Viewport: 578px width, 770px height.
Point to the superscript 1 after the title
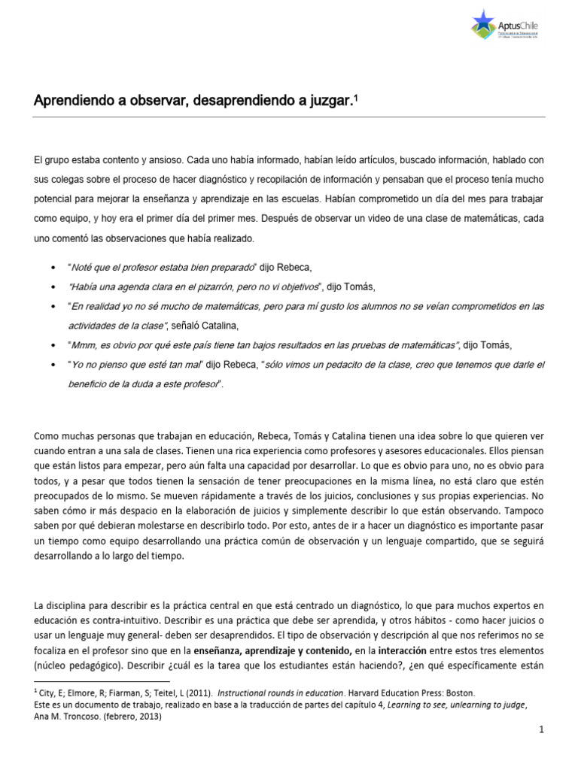[x=355, y=96]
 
